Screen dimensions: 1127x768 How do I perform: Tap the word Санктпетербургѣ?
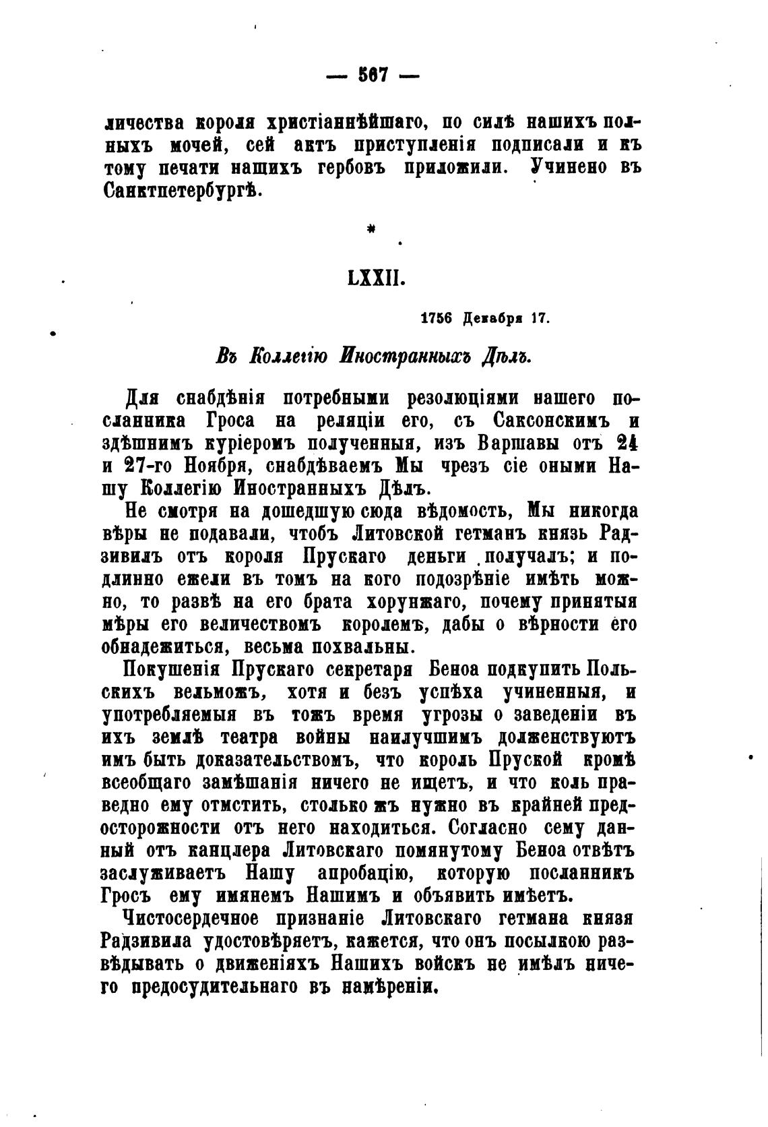click(x=181, y=191)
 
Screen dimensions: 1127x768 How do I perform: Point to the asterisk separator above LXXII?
click(x=371, y=231)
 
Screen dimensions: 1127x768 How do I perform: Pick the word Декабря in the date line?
click(x=493, y=319)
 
